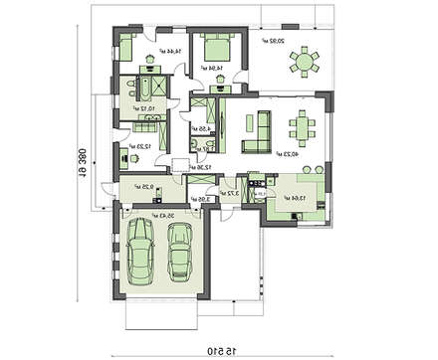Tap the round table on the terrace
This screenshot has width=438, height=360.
tap(303, 63)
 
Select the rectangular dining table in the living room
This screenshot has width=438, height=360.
tap(300, 127)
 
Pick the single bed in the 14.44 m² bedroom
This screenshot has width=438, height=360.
tap(131, 46)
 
